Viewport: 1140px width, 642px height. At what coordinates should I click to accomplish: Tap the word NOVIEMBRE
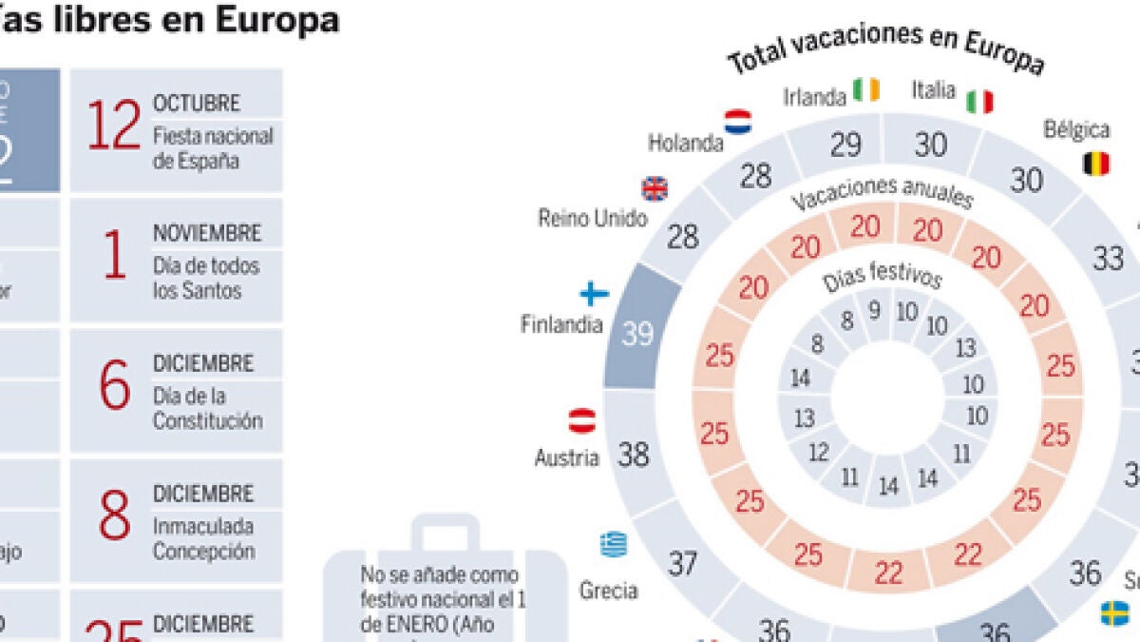(207, 232)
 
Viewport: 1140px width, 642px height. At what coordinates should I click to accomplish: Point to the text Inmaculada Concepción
(203, 538)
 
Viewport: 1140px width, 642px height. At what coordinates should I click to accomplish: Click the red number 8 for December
(114, 518)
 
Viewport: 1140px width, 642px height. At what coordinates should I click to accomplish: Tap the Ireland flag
(866, 90)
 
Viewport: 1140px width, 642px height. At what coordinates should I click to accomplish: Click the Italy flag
(979, 101)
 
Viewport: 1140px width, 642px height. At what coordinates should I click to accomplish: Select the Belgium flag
(1095, 165)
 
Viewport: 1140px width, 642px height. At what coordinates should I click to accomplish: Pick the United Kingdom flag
(655, 188)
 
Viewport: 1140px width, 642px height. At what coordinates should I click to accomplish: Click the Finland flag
(595, 294)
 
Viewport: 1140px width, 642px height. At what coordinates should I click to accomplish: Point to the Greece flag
(613, 545)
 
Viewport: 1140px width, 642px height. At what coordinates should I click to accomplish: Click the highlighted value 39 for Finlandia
(637, 333)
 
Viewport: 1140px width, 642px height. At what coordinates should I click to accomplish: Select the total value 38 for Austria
(634, 456)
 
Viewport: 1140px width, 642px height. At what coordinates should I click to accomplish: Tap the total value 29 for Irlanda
(845, 145)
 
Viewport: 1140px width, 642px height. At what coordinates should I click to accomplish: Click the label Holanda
(686, 144)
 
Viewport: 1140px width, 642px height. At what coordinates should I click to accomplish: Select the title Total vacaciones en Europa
(885, 48)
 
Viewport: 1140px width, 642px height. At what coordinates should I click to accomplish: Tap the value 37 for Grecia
(683, 563)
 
